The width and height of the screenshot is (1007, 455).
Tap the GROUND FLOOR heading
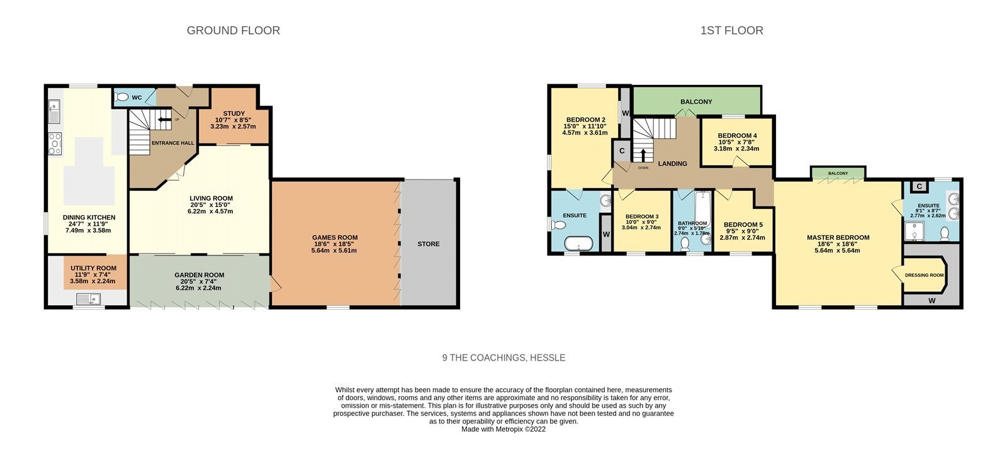tap(233, 31)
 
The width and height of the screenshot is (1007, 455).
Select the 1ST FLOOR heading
tap(731, 31)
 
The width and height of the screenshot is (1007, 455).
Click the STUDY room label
tap(233, 113)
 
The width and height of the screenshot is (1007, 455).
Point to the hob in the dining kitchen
tap(55, 143)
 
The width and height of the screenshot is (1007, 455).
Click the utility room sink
tap(88, 299)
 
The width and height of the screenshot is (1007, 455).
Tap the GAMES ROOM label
tap(335, 237)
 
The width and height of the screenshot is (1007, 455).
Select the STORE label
tap(429, 244)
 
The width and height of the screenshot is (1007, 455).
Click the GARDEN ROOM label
tap(199, 275)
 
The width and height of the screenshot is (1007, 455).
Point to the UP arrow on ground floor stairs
tap(164, 120)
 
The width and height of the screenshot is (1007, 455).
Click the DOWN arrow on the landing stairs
tap(643, 155)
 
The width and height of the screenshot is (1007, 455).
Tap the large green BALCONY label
tap(696, 101)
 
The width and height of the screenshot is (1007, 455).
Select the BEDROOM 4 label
tap(737, 135)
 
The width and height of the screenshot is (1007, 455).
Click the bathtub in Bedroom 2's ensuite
tap(578, 244)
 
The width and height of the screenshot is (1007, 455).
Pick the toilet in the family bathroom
tap(685, 244)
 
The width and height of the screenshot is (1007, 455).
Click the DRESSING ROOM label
tap(925, 275)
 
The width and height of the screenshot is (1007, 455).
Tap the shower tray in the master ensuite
tap(914, 231)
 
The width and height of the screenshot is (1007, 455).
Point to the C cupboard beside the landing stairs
tap(622, 151)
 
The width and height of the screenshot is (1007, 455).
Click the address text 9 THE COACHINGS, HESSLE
tap(503, 358)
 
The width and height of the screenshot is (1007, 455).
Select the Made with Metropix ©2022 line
tap(503, 429)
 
